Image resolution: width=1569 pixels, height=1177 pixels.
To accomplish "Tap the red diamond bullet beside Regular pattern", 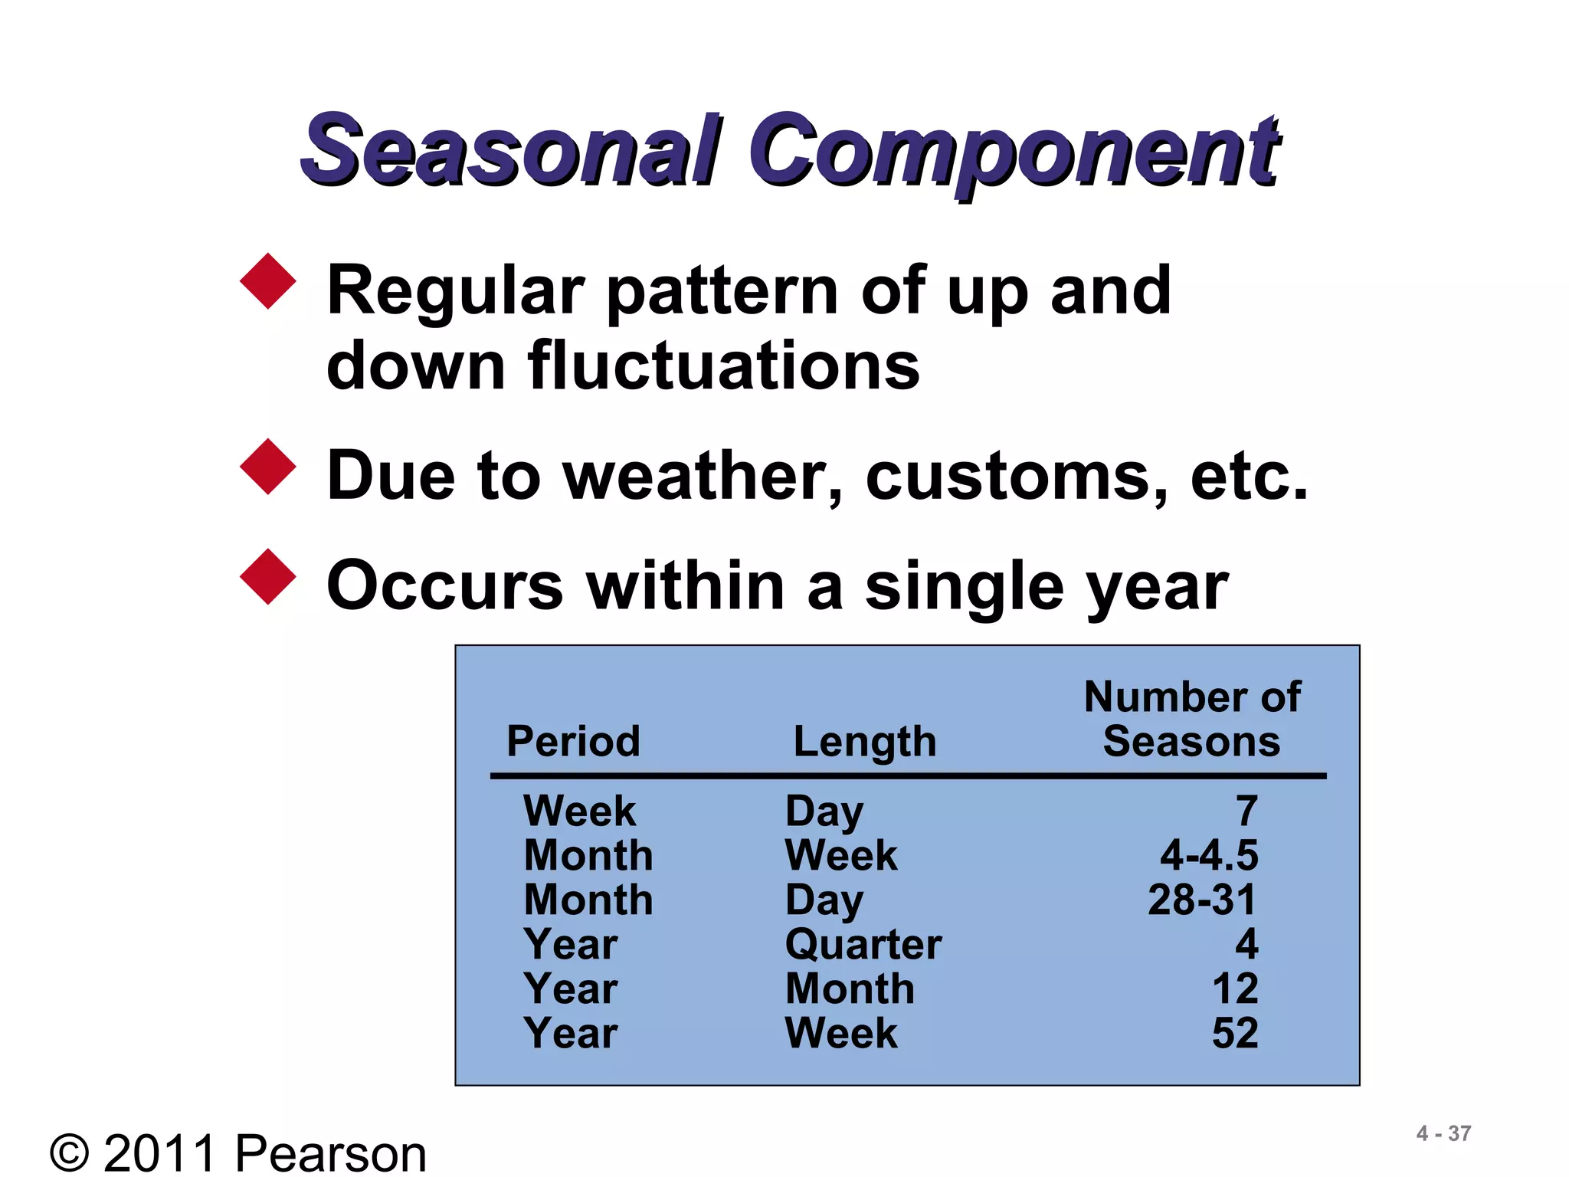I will pos(267,281).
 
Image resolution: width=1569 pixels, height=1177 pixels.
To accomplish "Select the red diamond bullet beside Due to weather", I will pos(267,467).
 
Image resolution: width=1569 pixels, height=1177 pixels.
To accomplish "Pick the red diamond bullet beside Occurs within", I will pos(267,576).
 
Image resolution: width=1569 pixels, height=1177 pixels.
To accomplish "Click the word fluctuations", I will pos(723,366).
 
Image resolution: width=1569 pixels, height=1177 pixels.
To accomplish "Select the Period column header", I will pos(573,741).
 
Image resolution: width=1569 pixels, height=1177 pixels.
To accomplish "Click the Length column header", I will pos(864,741).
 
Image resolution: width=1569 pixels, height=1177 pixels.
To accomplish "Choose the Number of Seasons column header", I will pos(1191,719).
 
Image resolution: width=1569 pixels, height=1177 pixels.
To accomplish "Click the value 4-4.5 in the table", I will pos(1208,855).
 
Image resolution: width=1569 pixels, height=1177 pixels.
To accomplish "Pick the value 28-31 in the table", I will pos(1201,900).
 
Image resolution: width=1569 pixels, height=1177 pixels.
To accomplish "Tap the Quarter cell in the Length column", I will pos(863,944).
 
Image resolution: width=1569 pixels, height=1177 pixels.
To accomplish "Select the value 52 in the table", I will pos(1234,1033).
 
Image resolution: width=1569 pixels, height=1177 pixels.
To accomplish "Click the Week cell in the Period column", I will pos(579,811).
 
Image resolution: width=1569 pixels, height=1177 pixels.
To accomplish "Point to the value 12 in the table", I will pos(1234,988).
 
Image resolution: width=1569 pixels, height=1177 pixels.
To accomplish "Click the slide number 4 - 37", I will pos(1443,1133).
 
